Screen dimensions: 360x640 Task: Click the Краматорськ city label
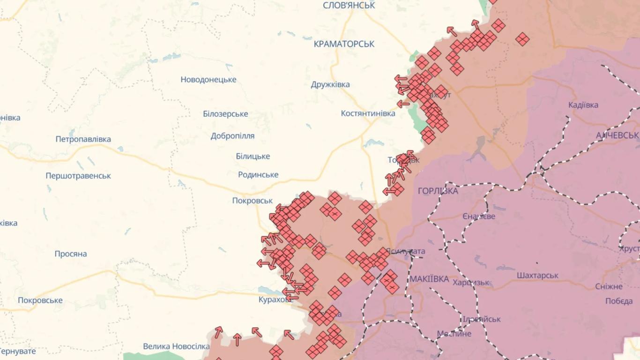344,44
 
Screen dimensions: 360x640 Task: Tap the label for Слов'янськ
349,6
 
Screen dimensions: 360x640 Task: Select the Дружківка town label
330,85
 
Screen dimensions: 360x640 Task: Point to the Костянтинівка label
368,113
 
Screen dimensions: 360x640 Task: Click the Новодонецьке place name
208,80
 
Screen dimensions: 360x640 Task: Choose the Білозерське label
225,114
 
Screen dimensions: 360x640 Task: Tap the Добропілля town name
232,136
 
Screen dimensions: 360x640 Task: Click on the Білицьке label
253,157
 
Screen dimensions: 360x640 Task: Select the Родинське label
258,175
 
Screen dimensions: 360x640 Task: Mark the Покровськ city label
252,201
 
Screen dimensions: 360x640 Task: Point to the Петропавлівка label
83,139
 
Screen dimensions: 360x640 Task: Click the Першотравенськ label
78,176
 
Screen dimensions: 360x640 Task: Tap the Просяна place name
71,254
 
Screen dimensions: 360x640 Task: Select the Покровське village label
40,300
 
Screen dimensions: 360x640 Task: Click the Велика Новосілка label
176,346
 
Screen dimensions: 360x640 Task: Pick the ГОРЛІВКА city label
438,191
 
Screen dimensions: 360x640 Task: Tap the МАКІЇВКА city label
429,279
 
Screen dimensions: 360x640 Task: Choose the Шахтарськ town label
537,276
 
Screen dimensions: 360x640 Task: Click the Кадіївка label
583,105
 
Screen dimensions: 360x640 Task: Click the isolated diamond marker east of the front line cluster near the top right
522,39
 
